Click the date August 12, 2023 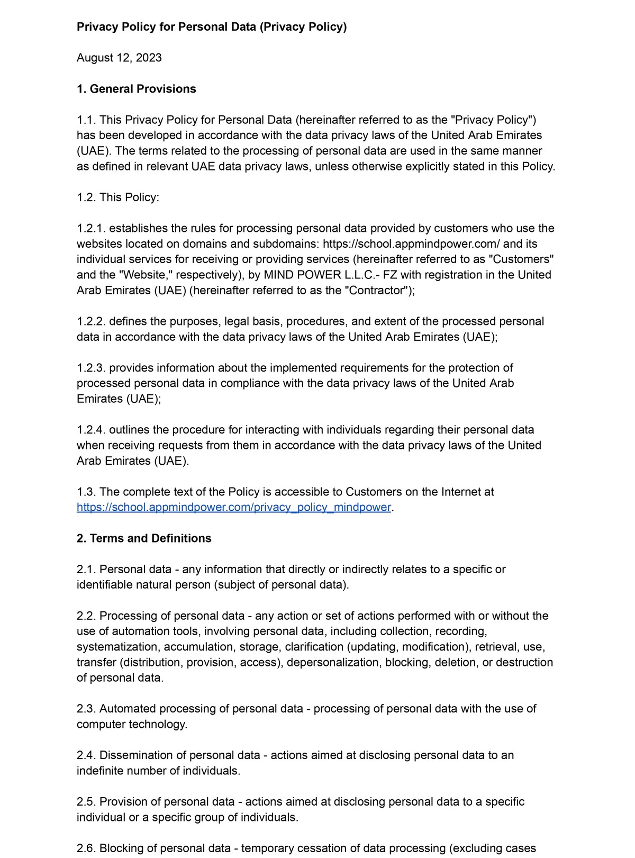pos(119,58)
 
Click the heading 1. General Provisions pos(136,89)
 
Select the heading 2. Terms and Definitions pos(144,538)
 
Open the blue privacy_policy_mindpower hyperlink pos(234,507)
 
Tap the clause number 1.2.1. pos(91,229)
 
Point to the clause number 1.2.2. pos(91,322)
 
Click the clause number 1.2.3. pos(91,368)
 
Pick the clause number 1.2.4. pos(91,430)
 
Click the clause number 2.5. pos(86,802)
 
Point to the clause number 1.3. pos(86,492)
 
